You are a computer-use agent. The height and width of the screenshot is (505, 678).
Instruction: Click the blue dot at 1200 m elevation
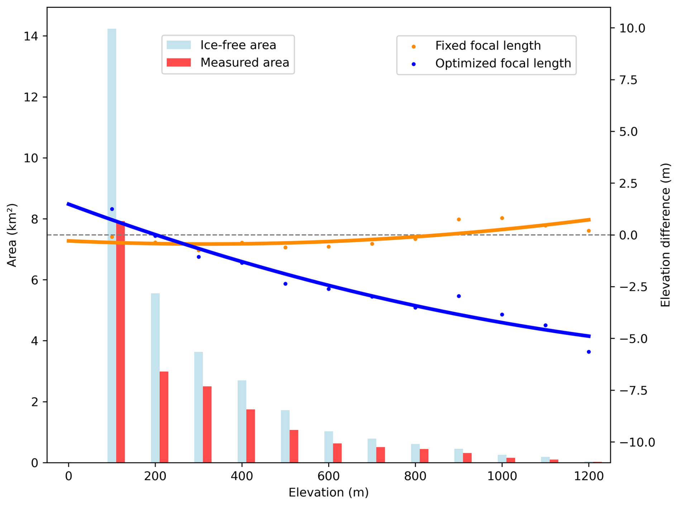point(588,352)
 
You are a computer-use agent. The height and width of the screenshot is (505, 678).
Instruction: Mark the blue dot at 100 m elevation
point(112,209)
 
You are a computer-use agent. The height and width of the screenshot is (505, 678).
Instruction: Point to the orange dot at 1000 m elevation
point(502,218)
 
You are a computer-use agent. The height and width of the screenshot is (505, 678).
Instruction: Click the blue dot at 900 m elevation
point(459,296)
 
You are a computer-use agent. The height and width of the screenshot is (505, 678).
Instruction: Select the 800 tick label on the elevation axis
point(415,476)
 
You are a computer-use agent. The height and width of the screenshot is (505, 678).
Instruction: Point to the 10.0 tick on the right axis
point(632,28)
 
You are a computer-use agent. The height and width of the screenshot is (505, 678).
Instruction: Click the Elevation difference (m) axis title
point(665,235)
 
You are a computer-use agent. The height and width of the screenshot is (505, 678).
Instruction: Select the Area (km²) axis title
point(12,235)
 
